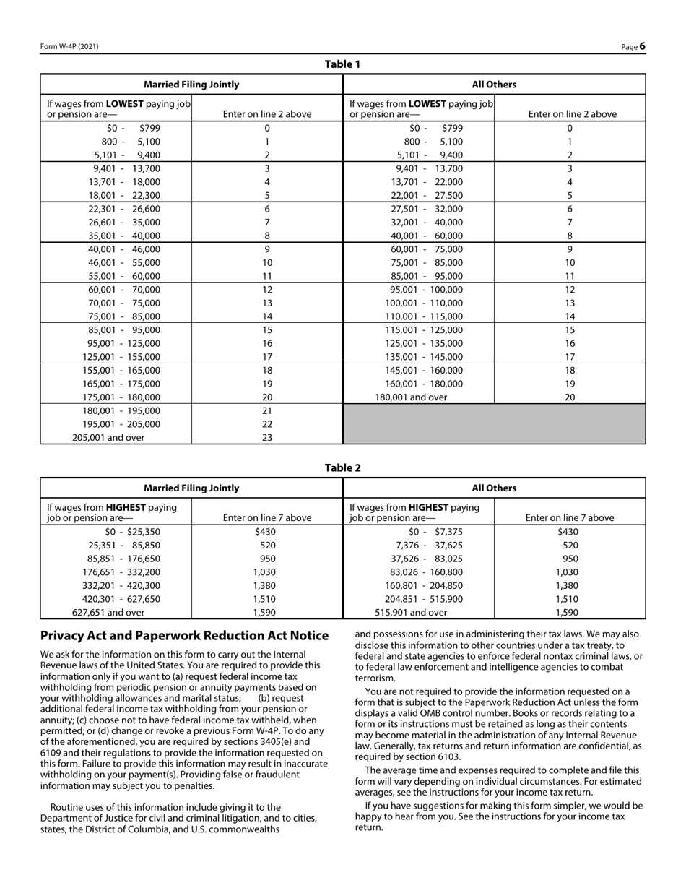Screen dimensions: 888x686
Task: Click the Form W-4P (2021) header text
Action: pyautogui.click(x=69, y=47)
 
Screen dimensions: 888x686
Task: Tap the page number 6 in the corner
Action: pyautogui.click(x=642, y=47)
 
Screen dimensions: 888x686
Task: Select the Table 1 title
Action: pyautogui.click(x=342, y=64)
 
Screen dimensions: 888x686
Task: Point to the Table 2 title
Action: pyautogui.click(x=342, y=467)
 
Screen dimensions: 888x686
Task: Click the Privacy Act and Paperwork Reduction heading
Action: pyautogui.click(x=184, y=636)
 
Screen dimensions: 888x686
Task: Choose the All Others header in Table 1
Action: pyautogui.click(x=494, y=85)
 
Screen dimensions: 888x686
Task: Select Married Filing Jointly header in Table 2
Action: pyautogui.click(x=191, y=488)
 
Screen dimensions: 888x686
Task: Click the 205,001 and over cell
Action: pyautogui.click(x=108, y=437)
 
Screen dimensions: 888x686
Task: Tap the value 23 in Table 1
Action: pyautogui.click(x=266, y=437)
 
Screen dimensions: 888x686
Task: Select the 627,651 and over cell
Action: pyautogui.click(x=108, y=612)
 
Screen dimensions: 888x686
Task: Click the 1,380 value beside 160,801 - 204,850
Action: pyautogui.click(x=570, y=585)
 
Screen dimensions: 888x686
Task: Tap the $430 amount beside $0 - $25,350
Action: pyautogui.click(x=266, y=532)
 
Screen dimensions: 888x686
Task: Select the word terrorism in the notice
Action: pyautogui.click(x=375, y=678)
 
